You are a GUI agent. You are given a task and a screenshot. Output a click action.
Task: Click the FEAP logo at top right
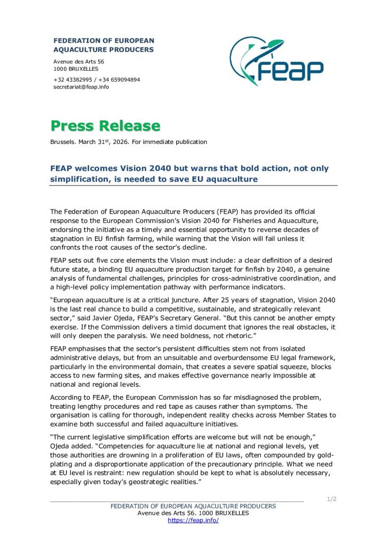click(276, 62)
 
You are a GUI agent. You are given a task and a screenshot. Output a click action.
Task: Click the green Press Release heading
click(105, 126)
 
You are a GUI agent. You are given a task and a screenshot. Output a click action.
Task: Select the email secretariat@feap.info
click(81, 87)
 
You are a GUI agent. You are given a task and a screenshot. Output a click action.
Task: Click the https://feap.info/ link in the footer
click(193, 520)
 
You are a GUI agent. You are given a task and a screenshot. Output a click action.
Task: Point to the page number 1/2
click(331, 499)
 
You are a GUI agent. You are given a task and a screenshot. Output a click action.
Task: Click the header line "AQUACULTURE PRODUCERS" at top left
click(103, 50)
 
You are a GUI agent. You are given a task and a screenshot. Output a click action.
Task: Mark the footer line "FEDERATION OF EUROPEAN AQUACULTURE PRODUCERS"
click(193, 506)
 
